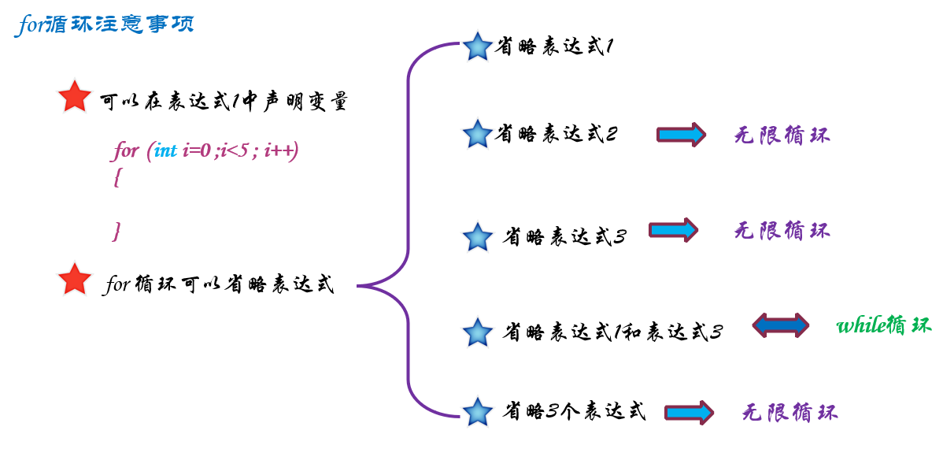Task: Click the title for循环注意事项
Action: coord(104,24)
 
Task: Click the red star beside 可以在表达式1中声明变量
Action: coord(75,98)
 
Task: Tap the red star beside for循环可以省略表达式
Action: coord(75,280)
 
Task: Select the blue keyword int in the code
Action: coord(165,150)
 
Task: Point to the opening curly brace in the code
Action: coord(117,178)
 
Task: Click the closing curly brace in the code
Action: coord(117,231)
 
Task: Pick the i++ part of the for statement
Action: coord(281,150)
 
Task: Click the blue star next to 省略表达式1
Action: coord(477,46)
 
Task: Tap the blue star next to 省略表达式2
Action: coord(477,134)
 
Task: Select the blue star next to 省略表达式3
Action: coord(477,236)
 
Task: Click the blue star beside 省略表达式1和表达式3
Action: coord(477,332)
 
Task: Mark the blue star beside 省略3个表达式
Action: coord(477,411)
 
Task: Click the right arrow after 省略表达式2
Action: coord(681,135)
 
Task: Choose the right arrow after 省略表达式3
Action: coord(673,230)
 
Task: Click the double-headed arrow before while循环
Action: coord(780,325)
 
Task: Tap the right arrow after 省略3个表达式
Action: coord(689,412)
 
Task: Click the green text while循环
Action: coord(883,325)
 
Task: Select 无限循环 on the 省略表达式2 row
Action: coord(782,135)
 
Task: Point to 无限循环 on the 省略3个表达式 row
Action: coord(790,412)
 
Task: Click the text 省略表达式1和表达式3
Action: coord(613,332)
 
